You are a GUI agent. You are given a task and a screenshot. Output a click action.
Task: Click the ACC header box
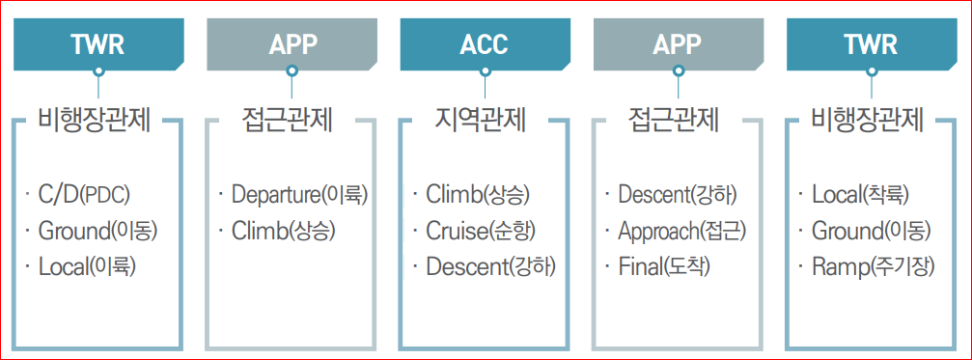(485, 44)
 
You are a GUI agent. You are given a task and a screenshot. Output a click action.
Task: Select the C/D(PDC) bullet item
(83, 196)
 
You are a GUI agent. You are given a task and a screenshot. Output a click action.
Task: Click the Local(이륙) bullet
(87, 266)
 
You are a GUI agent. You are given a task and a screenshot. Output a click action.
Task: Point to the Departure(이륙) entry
(299, 196)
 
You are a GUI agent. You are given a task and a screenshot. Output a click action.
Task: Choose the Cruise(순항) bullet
(480, 231)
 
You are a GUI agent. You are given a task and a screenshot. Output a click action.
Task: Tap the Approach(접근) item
(681, 231)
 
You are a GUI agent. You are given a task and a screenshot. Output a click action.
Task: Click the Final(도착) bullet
(664, 266)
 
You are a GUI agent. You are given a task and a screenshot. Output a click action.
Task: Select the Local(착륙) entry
(860, 196)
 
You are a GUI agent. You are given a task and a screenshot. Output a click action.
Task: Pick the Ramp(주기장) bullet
(873, 266)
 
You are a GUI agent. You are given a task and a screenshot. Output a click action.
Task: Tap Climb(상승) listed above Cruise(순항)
(477, 196)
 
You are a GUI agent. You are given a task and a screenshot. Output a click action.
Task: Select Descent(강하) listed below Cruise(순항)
(490, 266)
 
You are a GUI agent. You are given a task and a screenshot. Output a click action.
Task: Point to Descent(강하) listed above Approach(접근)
(678, 196)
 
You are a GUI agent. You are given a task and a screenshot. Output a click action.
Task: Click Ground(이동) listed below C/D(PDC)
(97, 231)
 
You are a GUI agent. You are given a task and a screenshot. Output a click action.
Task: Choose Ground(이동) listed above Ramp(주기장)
(871, 231)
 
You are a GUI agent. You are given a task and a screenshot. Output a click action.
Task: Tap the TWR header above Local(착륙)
(871, 44)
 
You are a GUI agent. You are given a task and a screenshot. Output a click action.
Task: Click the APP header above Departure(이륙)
(292, 44)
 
